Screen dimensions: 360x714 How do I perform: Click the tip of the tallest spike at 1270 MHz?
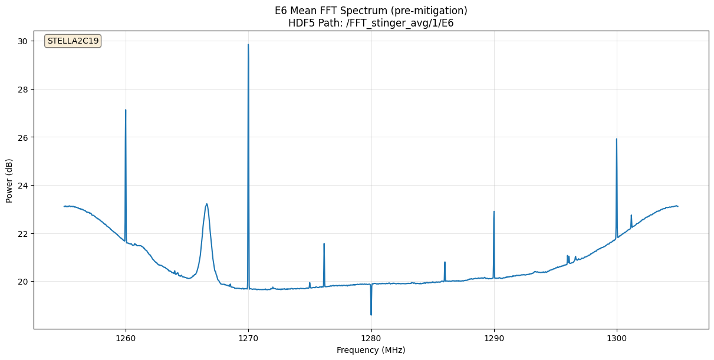248,45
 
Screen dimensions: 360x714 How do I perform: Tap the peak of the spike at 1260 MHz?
126,110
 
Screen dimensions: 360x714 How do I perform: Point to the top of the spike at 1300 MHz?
617,140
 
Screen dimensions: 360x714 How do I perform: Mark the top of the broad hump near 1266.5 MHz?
207,204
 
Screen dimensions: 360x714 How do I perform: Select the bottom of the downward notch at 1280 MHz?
371,314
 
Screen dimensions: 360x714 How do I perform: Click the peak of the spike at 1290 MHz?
494,212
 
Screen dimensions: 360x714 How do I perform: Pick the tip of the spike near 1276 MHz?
324,244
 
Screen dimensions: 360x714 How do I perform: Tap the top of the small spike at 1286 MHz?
445,262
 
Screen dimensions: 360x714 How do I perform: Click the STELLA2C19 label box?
73,41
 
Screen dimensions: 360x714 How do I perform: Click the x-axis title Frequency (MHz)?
371,350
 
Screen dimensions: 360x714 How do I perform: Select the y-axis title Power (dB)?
9,181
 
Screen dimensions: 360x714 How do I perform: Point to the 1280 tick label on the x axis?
371,338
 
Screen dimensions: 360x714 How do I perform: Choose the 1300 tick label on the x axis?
617,338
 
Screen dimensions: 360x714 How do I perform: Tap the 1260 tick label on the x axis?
126,338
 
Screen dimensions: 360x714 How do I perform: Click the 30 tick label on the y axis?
22,41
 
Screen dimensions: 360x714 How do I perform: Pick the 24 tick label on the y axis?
22,186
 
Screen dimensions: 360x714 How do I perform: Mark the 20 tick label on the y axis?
22,282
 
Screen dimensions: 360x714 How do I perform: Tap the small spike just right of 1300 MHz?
631,216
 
